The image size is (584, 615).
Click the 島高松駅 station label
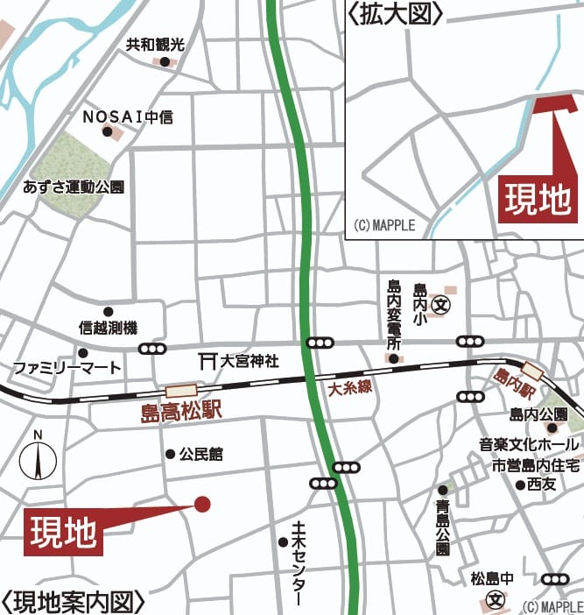[181, 410]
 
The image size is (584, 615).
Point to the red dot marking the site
[202, 504]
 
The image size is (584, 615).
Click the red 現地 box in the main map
[63, 532]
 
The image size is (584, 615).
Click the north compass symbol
[38, 457]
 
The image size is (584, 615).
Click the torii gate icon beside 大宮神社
[208, 360]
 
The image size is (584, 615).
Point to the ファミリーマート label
[67, 368]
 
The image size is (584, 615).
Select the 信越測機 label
[108, 328]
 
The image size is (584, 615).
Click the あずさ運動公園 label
[74, 187]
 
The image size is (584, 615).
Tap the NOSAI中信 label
[128, 116]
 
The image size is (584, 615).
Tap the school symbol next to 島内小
[442, 307]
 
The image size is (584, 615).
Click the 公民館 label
[201, 454]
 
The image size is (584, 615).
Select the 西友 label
[542, 484]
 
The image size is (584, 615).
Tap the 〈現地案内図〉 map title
[73, 603]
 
